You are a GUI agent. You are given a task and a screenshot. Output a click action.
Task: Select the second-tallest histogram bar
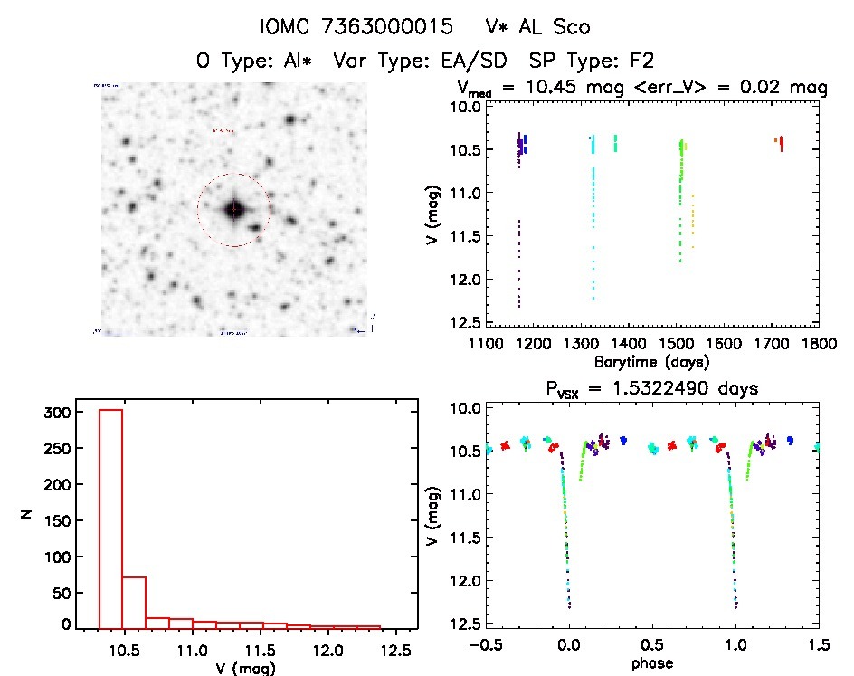coord(134,601)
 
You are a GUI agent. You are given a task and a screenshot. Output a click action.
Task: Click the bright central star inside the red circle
coord(233,210)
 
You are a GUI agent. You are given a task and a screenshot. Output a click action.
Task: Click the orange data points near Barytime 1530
coord(693,222)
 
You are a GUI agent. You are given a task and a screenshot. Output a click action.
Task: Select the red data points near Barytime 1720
coord(780,142)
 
